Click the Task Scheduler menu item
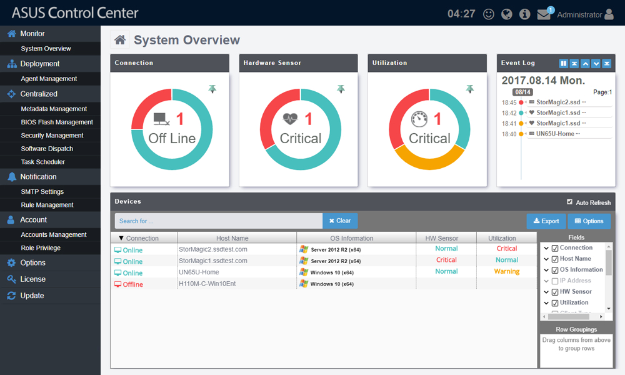(42, 162)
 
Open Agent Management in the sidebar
(49, 79)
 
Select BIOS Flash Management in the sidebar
(57, 122)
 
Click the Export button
(546, 221)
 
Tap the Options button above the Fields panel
(589, 221)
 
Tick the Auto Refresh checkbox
(569, 202)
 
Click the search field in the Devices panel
(219, 221)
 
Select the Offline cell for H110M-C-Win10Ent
(132, 284)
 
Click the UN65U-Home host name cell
(199, 272)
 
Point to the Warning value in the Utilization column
(507, 272)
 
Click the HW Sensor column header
(446, 238)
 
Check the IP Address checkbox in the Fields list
(554, 281)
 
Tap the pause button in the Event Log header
(564, 64)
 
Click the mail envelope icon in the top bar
(543, 14)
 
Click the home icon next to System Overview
(120, 40)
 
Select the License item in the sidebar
(32, 279)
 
